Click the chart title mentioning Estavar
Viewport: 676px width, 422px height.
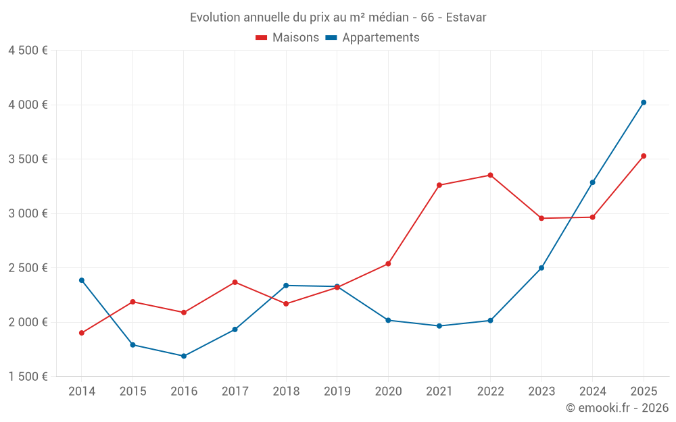pos(338,17)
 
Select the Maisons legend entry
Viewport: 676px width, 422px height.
pos(287,38)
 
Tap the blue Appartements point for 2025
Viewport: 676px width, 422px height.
pos(644,103)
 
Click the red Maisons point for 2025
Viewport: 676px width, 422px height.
pos(644,156)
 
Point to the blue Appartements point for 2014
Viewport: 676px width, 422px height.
pos(82,280)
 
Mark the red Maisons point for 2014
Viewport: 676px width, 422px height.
pos(82,333)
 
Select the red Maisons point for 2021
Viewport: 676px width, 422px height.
pos(439,185)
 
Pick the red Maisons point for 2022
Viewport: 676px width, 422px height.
pos(490,175)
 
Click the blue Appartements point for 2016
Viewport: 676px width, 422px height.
pos(184,356)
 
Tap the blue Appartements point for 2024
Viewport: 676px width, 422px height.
pos(593,182)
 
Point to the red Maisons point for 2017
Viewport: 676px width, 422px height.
pos(235,282)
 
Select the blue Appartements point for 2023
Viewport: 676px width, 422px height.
pos(541,268)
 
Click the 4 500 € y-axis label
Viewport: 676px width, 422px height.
pos(28,51)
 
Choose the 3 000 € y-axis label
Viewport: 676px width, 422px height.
pos(28,213)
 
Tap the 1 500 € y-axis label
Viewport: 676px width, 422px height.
pos(28,377)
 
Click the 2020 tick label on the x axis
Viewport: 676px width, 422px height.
pos(388,392)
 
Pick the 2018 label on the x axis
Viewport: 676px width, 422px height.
pos(286,392)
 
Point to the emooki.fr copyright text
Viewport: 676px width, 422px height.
pos(617,408)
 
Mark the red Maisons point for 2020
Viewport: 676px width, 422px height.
pos(388,264)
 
